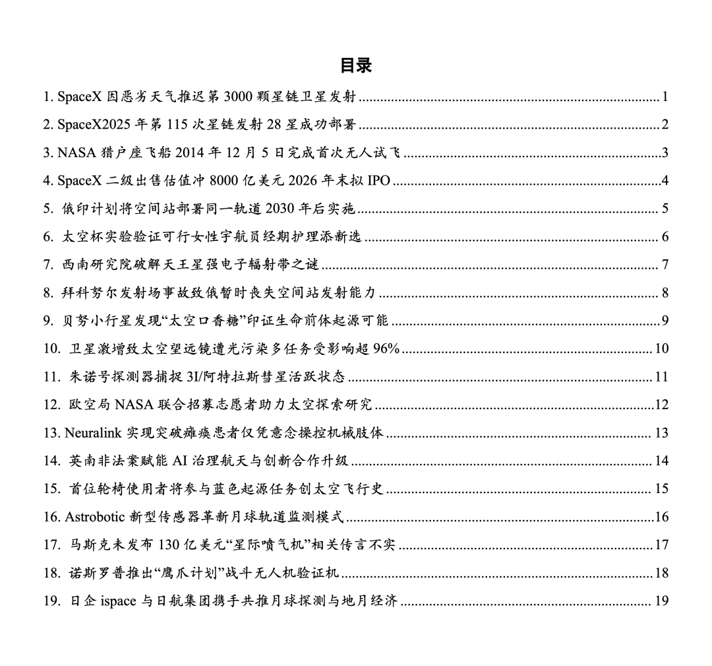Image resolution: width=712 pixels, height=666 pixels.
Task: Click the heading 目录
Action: tap(356, 65)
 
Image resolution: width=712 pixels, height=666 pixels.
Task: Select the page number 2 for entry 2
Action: tap(665, 125)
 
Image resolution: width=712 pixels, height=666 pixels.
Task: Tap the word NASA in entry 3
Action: tap(76, 153)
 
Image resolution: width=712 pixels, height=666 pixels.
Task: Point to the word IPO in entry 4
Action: tap(380, 181)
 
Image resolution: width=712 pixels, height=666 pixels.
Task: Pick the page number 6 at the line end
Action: tap(665, 237)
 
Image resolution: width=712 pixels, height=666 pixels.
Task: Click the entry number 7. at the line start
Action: tap(49, 265)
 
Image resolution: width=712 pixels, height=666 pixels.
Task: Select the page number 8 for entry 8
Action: tap(665, 293)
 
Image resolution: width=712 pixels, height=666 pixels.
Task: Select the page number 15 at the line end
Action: tap(662, 489)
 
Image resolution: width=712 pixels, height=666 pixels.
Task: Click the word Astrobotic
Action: tap(96, 517)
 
